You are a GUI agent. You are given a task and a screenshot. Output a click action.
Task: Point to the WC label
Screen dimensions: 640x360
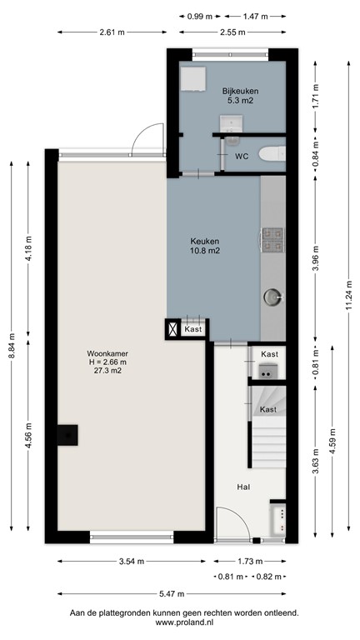[242, 156]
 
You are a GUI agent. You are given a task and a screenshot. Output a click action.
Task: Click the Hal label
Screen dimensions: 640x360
[244, 487]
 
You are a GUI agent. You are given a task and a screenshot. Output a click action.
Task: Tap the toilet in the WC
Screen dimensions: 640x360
[272, 154]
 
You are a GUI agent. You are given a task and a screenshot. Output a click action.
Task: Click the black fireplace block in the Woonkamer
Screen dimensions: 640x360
[67, 435]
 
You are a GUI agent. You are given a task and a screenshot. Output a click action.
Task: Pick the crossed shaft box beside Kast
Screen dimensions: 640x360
[172, 329]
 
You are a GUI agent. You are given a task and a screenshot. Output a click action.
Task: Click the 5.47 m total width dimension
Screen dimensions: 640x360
[171, 593]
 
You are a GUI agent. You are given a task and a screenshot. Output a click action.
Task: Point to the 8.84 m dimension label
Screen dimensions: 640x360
[12, 346]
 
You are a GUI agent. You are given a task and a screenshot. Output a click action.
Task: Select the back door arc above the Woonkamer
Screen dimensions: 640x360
[151, 137]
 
